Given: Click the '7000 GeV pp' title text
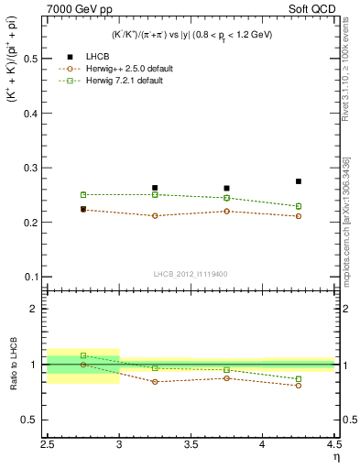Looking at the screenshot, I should pyautogui.click(x=76, y=8).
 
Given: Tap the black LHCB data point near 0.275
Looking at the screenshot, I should pyautogui.click(x=299, y=181).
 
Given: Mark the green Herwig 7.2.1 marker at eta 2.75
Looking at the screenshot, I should pyautogui.click(x=83, y=194).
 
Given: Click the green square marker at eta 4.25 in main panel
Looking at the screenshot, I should pyautogui.click(x=299, y=206).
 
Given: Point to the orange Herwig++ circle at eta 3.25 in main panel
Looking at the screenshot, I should pyautogui.click(x=155, y=216).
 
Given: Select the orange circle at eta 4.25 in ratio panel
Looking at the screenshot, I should pyautogui.click(x=299, y=386).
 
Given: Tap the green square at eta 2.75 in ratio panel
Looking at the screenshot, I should pyautogui.click(x=83, y=355).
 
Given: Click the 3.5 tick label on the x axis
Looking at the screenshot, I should pyautogui.click(x=191, y=446).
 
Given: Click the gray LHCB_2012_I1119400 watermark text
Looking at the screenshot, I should pyautogui.click(x=190, y=274).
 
